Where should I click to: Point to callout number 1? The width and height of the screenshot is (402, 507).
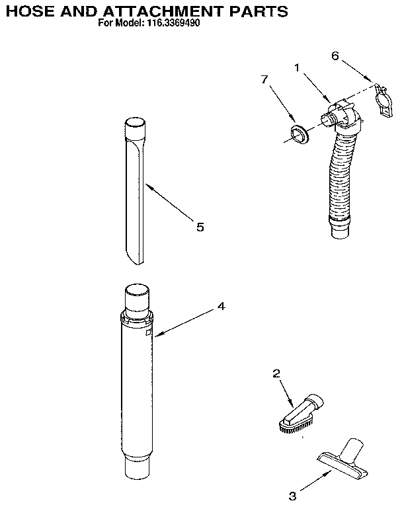click(x=297, y=66)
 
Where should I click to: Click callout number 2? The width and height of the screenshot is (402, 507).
click(x=276, y=373)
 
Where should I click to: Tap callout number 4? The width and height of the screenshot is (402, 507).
click(x=221, y=306)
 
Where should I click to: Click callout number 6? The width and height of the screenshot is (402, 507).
click(x=335, y=56)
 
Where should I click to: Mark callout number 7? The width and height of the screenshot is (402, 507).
click(x=264, y=79)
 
